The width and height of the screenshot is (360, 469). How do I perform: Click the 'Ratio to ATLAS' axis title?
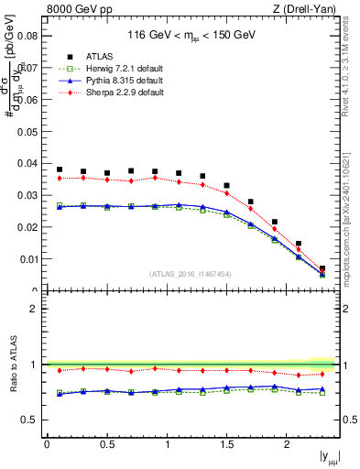(x=11, y=364)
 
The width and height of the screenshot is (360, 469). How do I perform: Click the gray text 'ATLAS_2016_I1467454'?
(x=191, y=274)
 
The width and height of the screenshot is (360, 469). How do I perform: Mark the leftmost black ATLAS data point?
(x=60, y=169)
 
